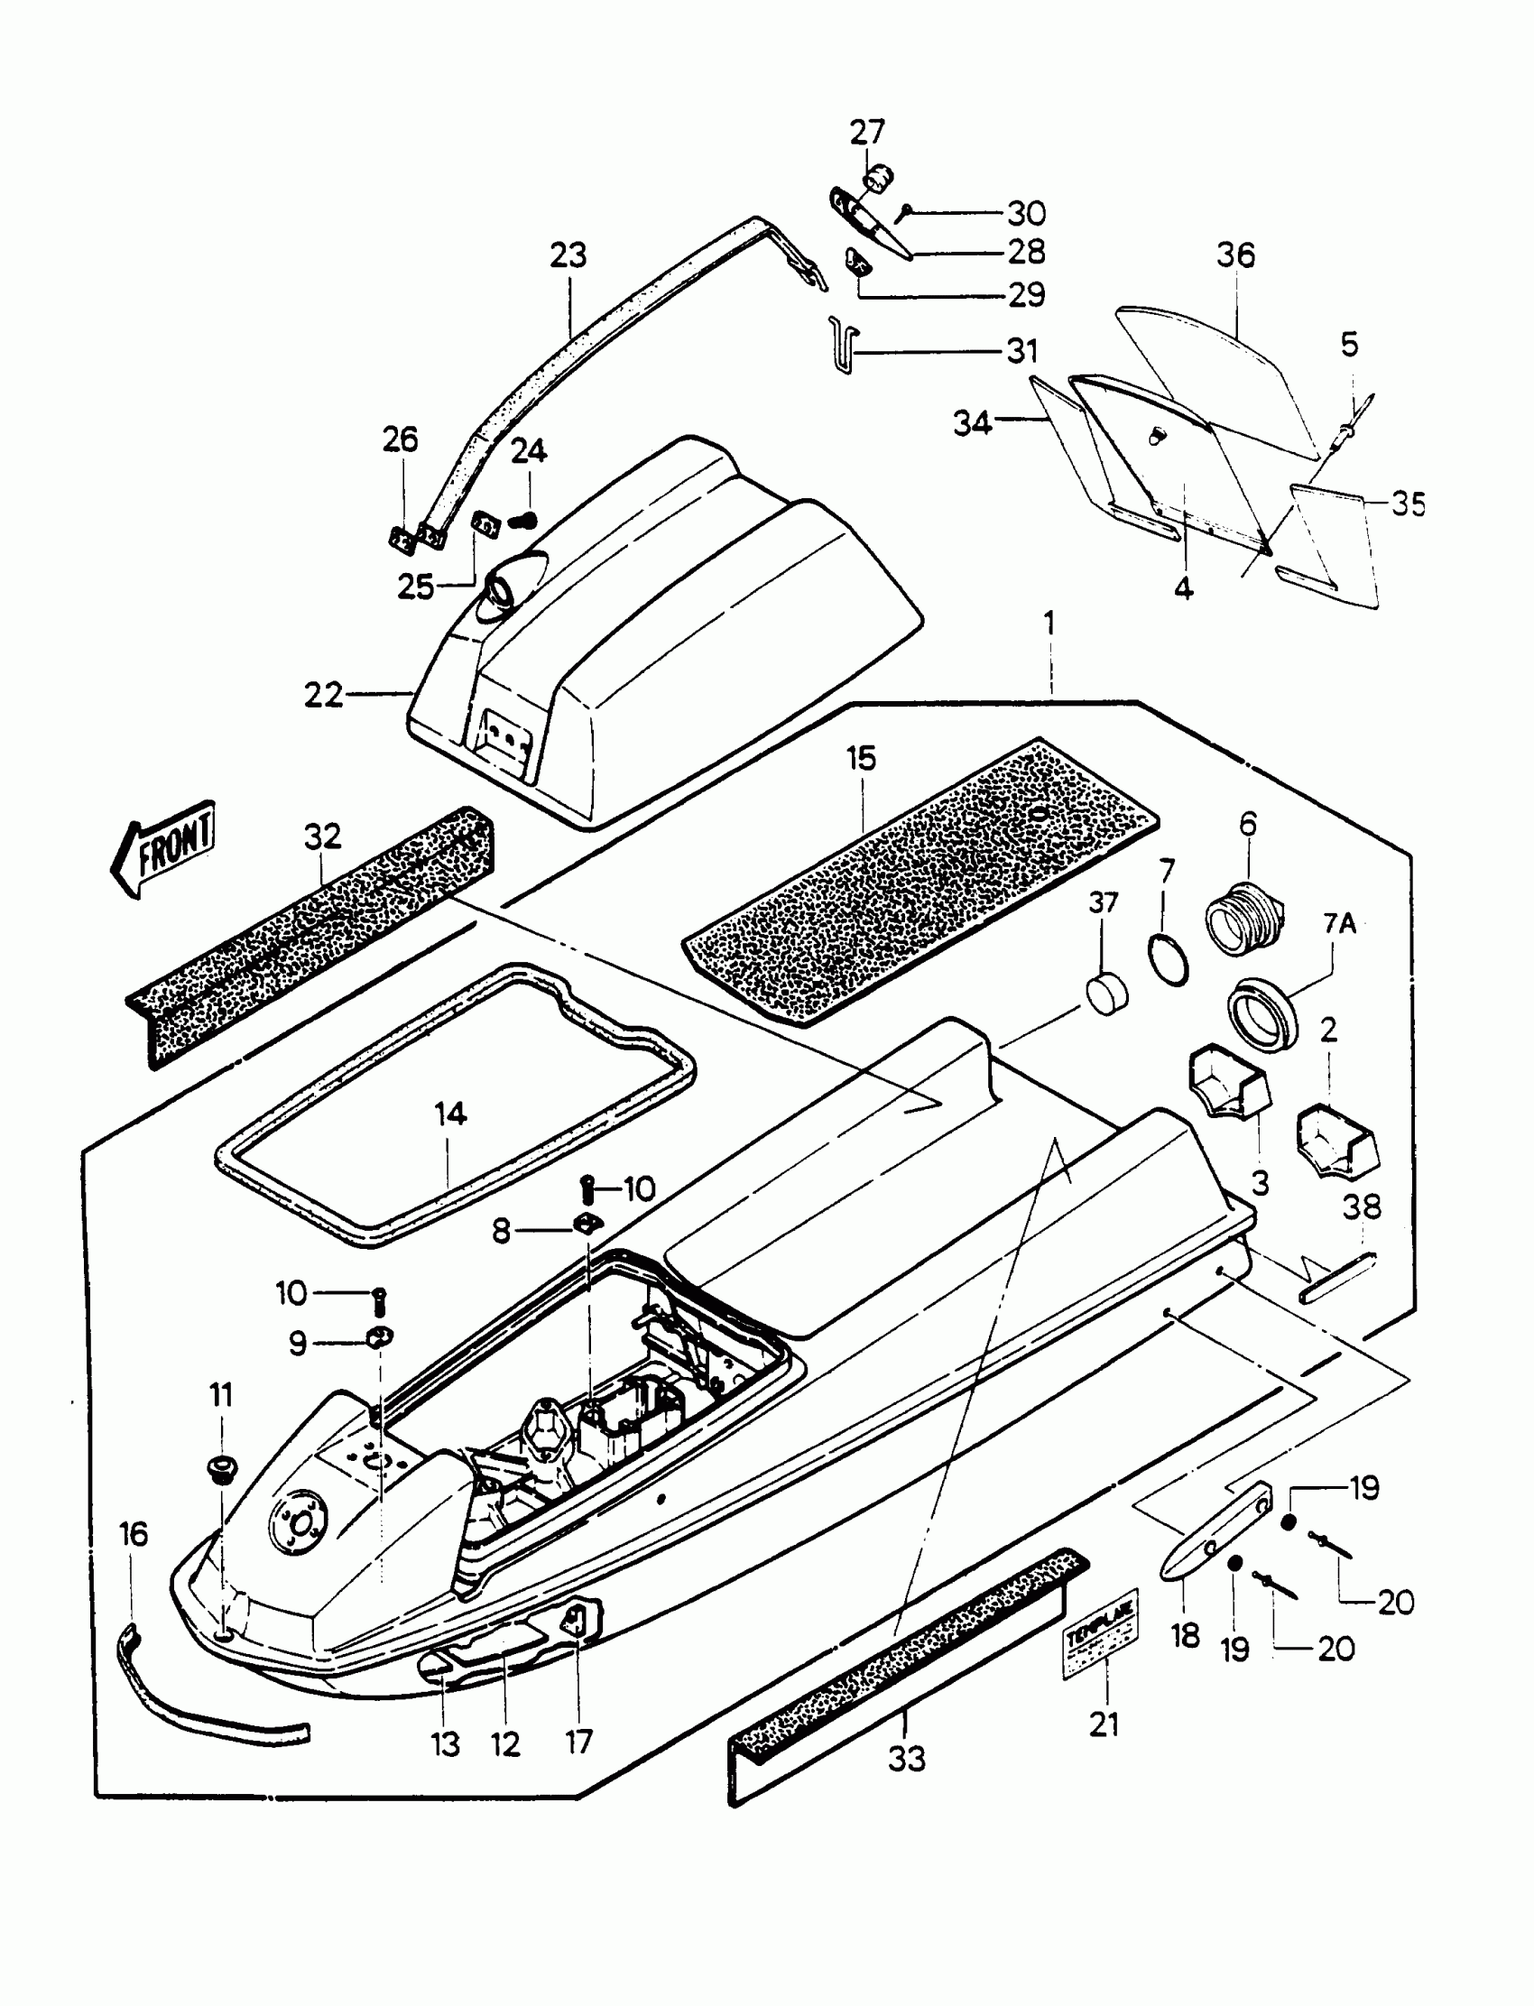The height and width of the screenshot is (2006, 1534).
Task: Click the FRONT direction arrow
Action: tap(164, 848)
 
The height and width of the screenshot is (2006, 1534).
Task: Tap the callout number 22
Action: tap(323, 696)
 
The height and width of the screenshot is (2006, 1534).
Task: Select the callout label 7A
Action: tap(1338, 925)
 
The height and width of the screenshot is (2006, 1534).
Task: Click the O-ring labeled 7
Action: tap(1168, 959)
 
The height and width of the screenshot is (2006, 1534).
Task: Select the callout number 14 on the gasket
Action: tap(451, 1114)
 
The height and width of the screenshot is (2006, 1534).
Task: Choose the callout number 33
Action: tap(907, 1759)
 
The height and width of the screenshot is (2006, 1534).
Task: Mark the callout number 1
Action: tap(1049, 624)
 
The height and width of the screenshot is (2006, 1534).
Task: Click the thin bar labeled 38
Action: tap(1337, 1280)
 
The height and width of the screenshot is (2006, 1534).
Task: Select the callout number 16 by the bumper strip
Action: tap(134, 1535)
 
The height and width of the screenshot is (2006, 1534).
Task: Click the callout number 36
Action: tap(1235, 255)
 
